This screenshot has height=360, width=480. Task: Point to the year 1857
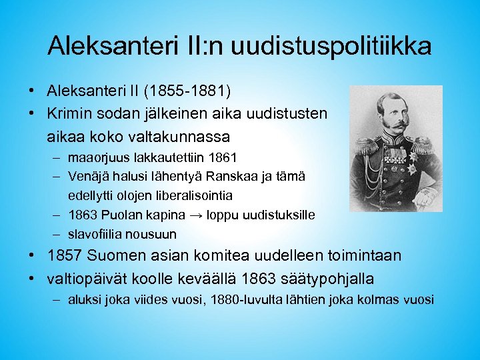(x=67, y=255)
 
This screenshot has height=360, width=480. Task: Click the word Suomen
(x=125, y=255)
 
